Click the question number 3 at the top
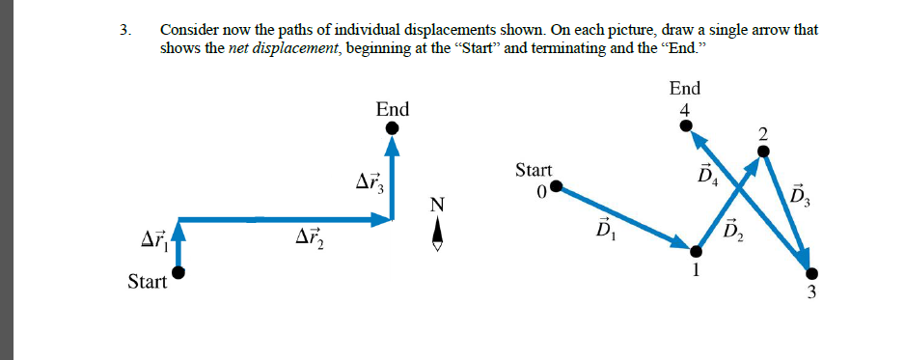pos(124,30)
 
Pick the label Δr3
pos(370,181)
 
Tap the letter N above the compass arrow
pos(438,205)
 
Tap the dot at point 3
pos(811,274)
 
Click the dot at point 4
pos(685,124)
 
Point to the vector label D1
pos(604,233)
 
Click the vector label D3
pos(799,197)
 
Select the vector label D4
pos(706,177)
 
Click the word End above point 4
pos(684,89)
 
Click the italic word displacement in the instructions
pos(276,48)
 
